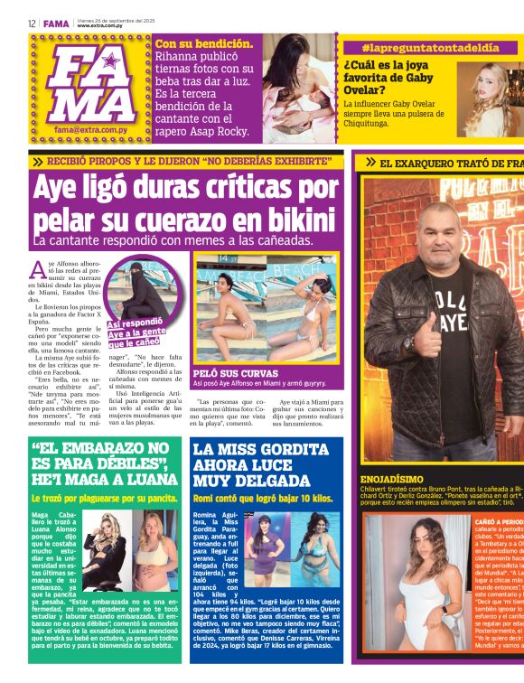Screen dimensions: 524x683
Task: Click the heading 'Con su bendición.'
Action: click(x=204, y=43)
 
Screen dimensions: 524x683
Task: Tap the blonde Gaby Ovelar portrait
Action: click(x=491, y=98)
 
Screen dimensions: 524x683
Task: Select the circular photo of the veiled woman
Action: click(x=142, y=287)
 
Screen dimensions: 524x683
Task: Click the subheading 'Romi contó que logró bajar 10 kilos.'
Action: click(x=262, y=498)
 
